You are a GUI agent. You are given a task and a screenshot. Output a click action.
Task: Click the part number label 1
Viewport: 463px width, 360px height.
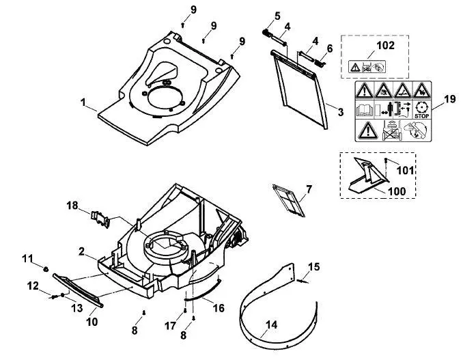83,102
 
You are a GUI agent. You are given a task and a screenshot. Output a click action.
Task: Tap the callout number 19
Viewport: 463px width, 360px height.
450,99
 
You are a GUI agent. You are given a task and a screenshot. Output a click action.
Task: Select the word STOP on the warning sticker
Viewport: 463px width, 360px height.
421,116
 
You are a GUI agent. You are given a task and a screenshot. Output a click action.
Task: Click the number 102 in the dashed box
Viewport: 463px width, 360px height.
385,46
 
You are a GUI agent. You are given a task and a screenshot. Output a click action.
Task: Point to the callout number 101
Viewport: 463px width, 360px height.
405,170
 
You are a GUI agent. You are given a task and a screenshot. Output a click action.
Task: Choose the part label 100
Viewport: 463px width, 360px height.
396,191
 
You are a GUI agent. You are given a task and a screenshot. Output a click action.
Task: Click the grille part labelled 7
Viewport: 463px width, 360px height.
288,200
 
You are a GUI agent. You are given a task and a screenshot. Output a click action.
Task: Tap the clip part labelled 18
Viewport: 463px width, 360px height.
100,219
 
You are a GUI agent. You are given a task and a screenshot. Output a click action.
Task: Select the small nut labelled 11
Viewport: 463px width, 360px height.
46,269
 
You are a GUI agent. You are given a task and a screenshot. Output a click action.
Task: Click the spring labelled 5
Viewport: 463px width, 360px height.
267,33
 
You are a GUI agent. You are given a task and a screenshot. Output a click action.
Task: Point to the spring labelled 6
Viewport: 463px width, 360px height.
320,63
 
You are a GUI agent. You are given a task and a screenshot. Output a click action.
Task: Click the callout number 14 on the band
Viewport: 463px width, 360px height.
271,325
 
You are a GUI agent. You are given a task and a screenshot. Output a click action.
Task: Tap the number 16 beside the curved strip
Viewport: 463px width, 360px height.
219,308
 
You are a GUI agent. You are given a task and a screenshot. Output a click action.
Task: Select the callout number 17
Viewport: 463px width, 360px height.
170,326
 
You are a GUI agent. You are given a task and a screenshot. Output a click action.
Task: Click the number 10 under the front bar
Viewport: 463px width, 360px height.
92,322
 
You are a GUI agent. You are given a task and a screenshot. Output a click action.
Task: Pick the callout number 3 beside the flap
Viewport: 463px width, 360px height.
341,112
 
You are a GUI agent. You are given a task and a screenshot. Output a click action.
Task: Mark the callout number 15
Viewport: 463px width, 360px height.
313,266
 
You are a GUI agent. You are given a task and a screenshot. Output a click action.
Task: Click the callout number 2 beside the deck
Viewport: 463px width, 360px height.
81,251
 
